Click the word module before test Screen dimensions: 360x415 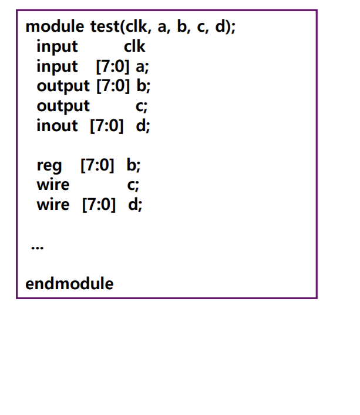tap(56, 27)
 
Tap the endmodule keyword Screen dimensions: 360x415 tap(69, 284)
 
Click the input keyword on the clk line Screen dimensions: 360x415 tap(57, 46)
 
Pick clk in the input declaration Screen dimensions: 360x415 tap(134, 46)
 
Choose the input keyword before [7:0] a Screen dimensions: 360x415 tap(57, 66)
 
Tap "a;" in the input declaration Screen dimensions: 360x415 tap(142, 66)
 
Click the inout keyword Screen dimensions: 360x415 tap(57, 125)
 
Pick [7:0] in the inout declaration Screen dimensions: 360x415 tap(106, 125)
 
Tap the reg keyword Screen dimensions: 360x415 tap(49, 165)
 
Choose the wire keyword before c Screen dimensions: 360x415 tap(53, 185)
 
